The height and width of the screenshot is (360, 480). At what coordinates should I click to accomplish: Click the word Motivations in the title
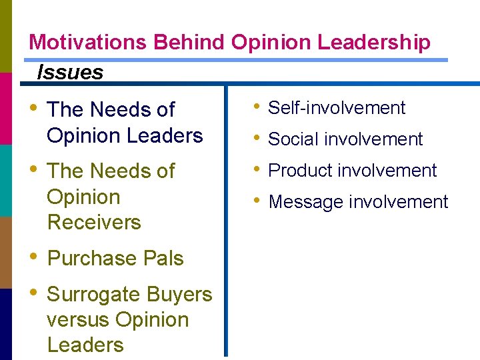88,43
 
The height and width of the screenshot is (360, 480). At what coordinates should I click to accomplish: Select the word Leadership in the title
373,43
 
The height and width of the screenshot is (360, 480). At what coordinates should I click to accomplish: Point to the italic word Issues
70,72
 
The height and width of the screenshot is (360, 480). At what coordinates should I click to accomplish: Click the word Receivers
94,222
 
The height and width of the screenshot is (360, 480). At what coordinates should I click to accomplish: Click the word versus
79,319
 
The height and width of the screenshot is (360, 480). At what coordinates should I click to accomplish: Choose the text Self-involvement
337,108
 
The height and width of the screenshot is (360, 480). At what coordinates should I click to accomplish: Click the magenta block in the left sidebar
5,108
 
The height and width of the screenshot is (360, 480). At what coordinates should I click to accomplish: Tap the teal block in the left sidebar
5,180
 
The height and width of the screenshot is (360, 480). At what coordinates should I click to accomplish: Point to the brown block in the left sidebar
5,252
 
